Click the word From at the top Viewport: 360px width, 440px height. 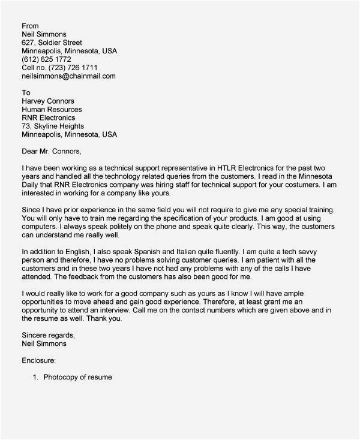(30, 26)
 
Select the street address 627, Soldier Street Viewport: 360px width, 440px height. (52, 43)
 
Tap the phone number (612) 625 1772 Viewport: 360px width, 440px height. (47, 59)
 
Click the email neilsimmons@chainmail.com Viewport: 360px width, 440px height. (68, 76)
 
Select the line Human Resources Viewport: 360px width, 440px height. (52, 110)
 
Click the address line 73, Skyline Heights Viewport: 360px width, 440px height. (53, 126)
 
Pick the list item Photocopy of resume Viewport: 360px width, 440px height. (77, 378)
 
